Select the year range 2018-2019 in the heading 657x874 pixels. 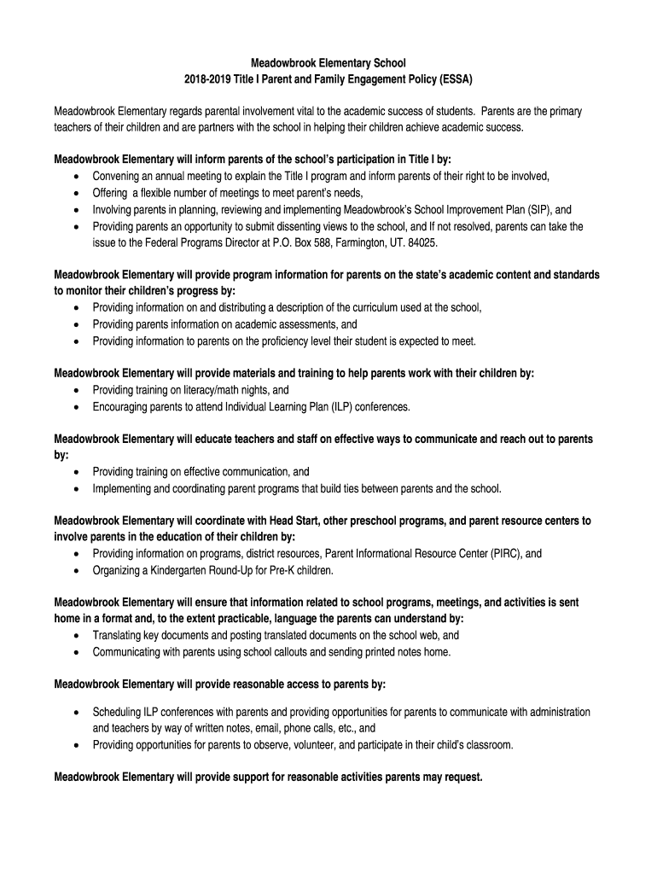click(210, 79)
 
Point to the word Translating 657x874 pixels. click(121, 636)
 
